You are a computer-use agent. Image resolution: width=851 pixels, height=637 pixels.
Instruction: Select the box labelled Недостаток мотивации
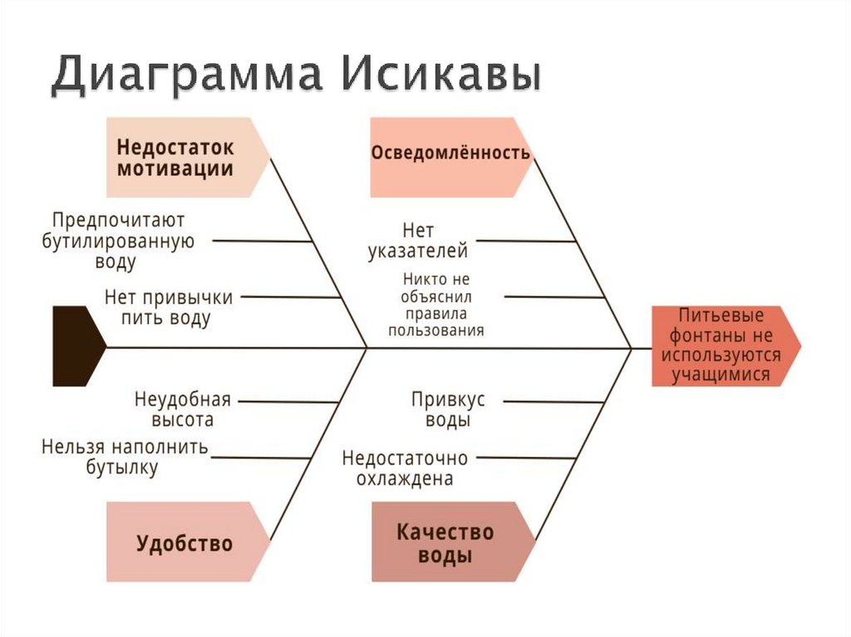[x=183, y=157]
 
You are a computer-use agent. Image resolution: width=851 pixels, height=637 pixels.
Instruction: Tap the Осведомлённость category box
[x=450, y=155]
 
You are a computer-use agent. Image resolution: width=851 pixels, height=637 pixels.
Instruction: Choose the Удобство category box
[x=184, y=544]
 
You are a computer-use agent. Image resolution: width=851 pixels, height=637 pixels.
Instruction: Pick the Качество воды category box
[x=445, y=542]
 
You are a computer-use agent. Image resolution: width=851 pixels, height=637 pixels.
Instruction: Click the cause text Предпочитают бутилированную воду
[x=118, y=242]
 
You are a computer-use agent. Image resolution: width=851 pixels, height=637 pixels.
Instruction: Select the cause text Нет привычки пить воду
[x=169, y=307]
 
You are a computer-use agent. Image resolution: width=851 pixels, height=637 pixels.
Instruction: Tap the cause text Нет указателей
[x=418, y=240]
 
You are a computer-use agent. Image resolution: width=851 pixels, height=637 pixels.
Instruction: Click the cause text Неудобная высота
[x=182, y=409]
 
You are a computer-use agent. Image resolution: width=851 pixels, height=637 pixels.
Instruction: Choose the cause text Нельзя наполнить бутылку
[x=125, y=457]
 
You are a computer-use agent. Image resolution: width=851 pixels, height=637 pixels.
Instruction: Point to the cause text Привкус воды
[x=448, y=409]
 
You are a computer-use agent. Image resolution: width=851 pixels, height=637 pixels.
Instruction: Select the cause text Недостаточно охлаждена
[x=405, y=468]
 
